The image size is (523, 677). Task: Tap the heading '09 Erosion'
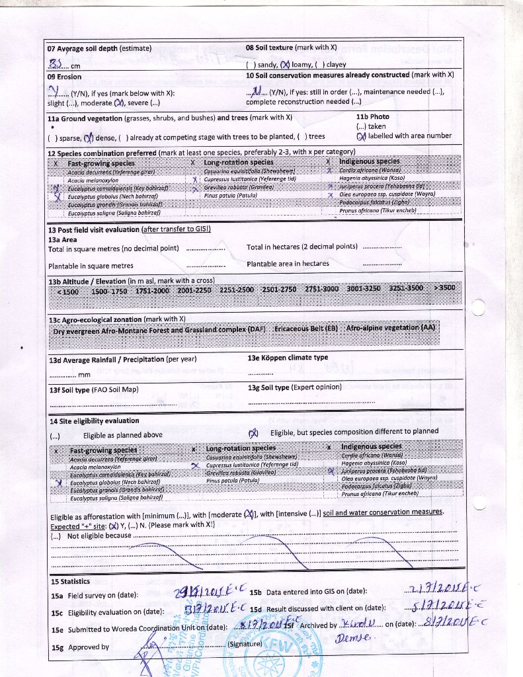click(64, 77)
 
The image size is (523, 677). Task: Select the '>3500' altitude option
click(444, 288)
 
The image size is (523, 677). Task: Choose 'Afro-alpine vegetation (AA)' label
click(391, 328)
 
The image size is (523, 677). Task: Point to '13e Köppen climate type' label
click(288, 358)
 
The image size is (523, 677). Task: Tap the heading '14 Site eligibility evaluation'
click(94, 420)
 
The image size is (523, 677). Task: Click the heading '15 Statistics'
click(70, 581)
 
